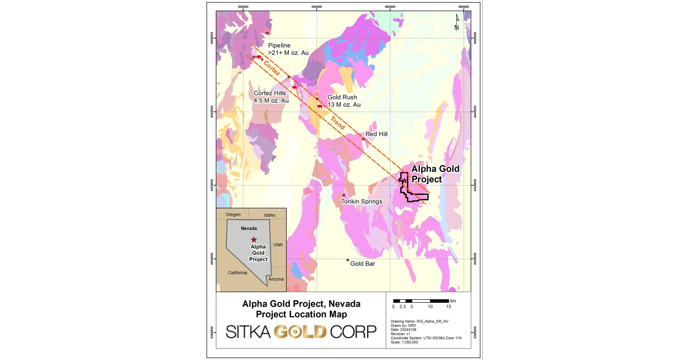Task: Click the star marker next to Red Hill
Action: coord(363,139)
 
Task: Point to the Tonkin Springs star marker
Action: coord(344,195)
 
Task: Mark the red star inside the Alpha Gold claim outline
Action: coord(404,181)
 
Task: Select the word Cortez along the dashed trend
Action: coord(272,68)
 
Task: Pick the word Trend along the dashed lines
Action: coord(338,123)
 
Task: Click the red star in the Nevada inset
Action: coord(254,240)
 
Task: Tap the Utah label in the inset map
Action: coord(278,244)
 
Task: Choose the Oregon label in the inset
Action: coord(233,214)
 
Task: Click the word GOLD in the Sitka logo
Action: coord(300,332)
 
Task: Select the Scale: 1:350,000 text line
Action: coord(404,342)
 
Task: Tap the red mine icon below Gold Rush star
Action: coord(320,106)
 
